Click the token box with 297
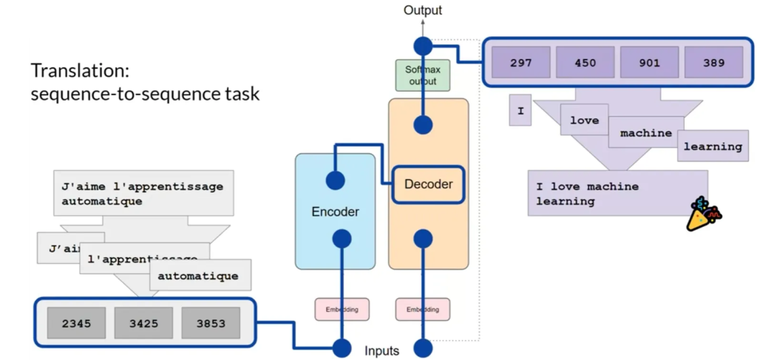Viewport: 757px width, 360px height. click(521, 63)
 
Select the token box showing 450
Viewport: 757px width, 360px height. click(585, 63)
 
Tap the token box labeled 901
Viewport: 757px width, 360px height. click(649, 63)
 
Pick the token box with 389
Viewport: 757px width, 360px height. click(713, 63)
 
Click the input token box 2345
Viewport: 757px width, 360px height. click(76, 323)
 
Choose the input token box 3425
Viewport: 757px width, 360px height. click(143, 323)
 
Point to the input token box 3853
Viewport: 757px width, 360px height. click(211, 323)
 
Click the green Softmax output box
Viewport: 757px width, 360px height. click(423, 75)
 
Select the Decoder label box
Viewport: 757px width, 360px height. click(428, 183)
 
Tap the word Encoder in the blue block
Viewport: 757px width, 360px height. click(335, 212)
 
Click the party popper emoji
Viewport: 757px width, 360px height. click(703, 214)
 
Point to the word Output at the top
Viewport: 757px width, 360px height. click(423, 10)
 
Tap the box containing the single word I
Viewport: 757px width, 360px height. click(520, 111)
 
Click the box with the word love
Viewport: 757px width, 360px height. click(584, 120)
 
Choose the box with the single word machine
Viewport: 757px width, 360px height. click(645, 133)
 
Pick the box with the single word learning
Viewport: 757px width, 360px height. click(712, 146)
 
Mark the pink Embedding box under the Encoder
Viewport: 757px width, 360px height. click(342, 308)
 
